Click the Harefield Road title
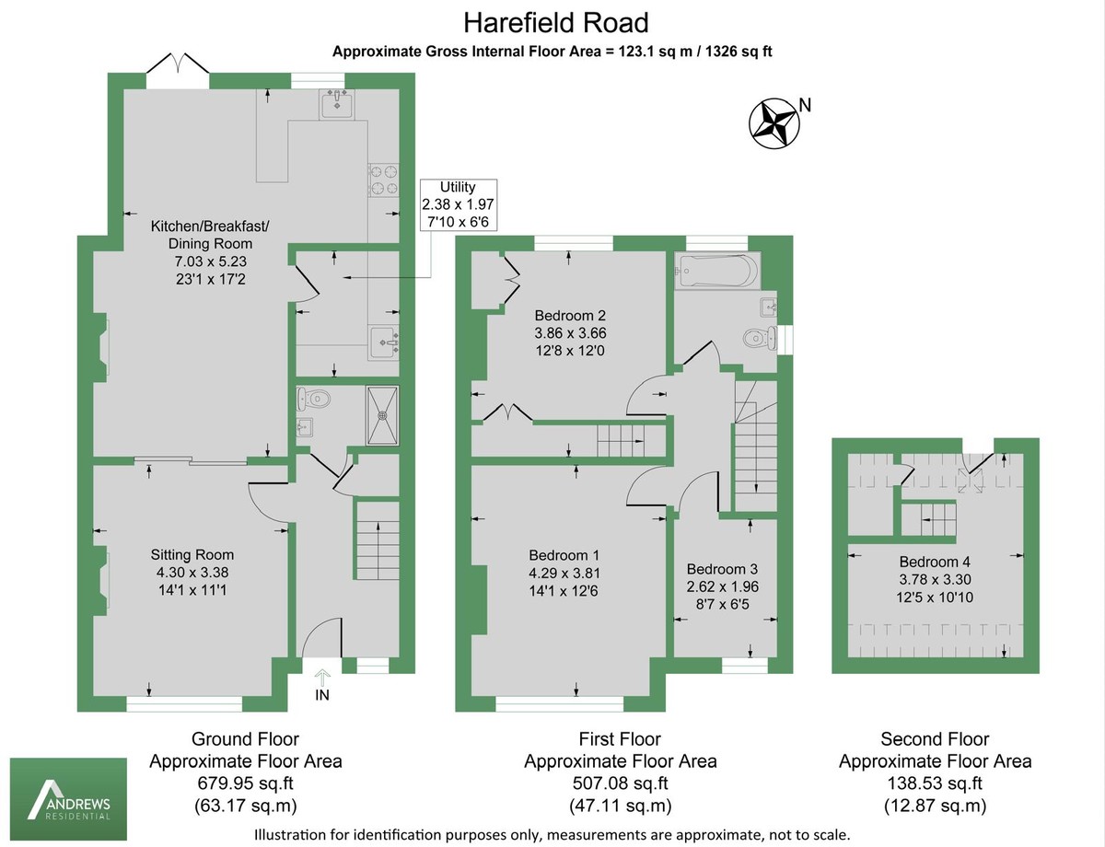(555, 22)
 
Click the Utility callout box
(458, 203)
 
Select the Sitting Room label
(192, 554)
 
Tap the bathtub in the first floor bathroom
(715, 271)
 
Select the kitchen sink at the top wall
(337, 105)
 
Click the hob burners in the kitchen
(383, 180)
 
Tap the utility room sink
(385, 342)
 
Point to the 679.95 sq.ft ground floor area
(245, 783)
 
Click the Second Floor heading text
(935, 738)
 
